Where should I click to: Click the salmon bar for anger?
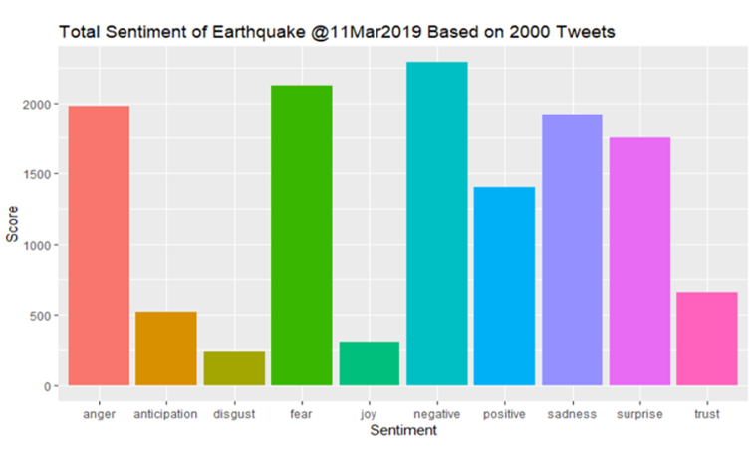(x=99, y=245)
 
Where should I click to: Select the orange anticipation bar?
(x=166, y=348)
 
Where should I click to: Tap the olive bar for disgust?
(x=234, y=368)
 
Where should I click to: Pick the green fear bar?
(x=302, y=235)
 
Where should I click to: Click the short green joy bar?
(x=370, y=363)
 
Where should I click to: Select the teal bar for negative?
(x=437, y=224)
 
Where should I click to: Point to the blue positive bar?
(x=504, y=286)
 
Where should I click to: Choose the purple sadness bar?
(x=572, y=250)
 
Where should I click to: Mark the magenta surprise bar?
(x=639, y=262)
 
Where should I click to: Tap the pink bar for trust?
(x=707, y=339)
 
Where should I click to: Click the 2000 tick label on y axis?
(x=37, y=105)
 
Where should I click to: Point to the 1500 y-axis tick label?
(x=37, y=175)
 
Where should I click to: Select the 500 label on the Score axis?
(x=40, y=316)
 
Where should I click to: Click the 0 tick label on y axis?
(x=48, y=386)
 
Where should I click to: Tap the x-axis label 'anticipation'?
(x=165, y=414)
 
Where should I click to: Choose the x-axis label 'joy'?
(x=369, y=414)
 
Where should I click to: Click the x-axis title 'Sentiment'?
(x=403, y=430)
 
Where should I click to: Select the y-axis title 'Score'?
(x=12, y=224)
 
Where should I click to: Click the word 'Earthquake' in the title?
(x=258, y=32)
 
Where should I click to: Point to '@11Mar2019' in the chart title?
(x=367, y=32)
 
